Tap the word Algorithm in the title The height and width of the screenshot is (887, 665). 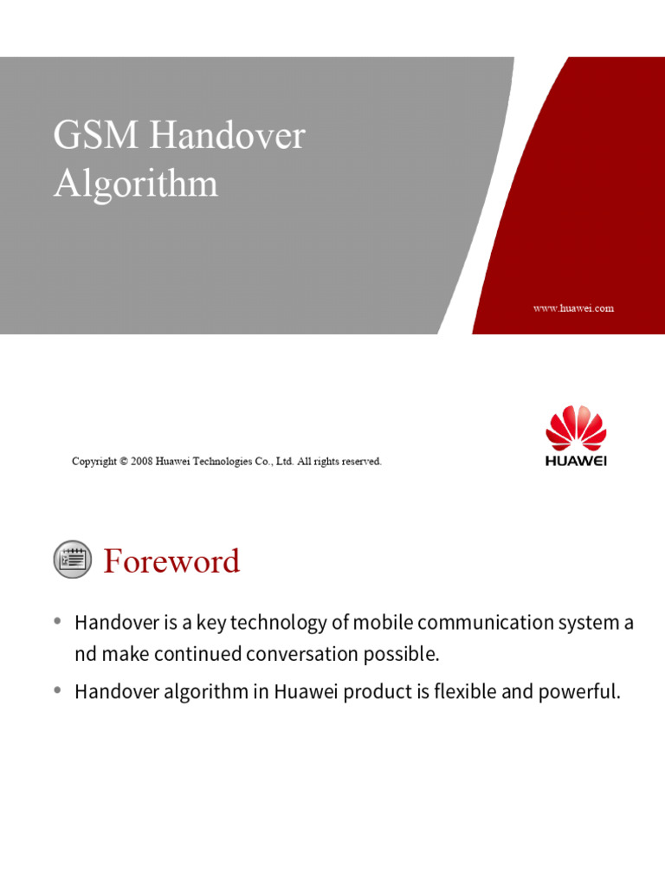135,185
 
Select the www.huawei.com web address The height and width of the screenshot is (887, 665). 573,308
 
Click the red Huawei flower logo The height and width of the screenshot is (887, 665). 576,427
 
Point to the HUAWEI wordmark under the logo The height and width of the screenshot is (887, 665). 576,461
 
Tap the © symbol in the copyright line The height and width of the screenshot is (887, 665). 124,462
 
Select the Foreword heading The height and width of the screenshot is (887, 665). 171,561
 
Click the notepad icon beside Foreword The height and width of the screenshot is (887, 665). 73,560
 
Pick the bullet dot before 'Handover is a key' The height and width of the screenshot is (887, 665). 58,621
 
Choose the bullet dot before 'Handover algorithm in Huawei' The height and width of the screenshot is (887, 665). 58,690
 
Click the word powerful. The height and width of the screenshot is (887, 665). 586,692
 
